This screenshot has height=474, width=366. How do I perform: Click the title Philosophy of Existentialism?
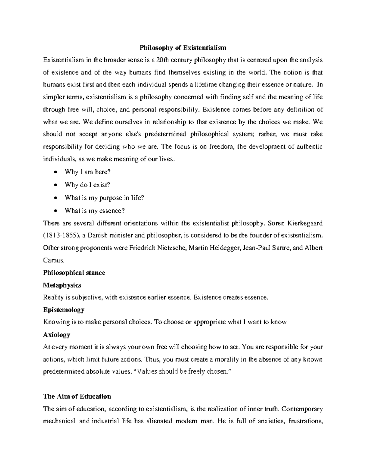pyautogui.click(x=183, y=48)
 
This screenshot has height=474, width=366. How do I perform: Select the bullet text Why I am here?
pyautogui.click(x=88, y=172)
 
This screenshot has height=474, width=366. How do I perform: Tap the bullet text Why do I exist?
pyautogui.click(x=87, y=185)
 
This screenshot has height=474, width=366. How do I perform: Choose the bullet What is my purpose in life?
pyautogui.click(x=104, y=197)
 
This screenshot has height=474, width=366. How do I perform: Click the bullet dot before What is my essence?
pyautogui.click(x=55, y=211)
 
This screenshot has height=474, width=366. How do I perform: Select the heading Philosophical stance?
pyautogui.click(x=74, y=273)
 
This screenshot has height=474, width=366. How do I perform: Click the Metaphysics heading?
pyautogui.click(x=62, y=285)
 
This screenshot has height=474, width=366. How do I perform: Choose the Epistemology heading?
pyautogui.click(x=64, y=309)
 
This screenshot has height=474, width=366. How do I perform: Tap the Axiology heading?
pyautogui.click(x=57, y=335)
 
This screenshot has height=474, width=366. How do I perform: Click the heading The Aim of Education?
pyautogui.click(x=77, y=396)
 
